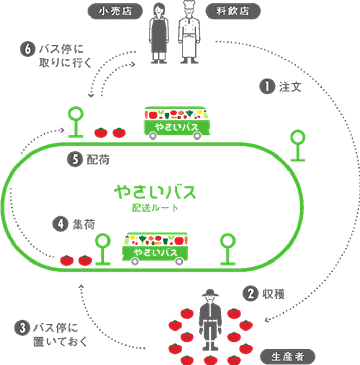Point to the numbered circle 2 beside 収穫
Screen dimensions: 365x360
tap(249, 293)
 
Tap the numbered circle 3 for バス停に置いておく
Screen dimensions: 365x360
tap(22, 327)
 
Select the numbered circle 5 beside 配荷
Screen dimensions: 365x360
tap(74, 161)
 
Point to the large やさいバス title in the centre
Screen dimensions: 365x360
tap(155, 192)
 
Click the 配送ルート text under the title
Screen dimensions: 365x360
tap(155, 208)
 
